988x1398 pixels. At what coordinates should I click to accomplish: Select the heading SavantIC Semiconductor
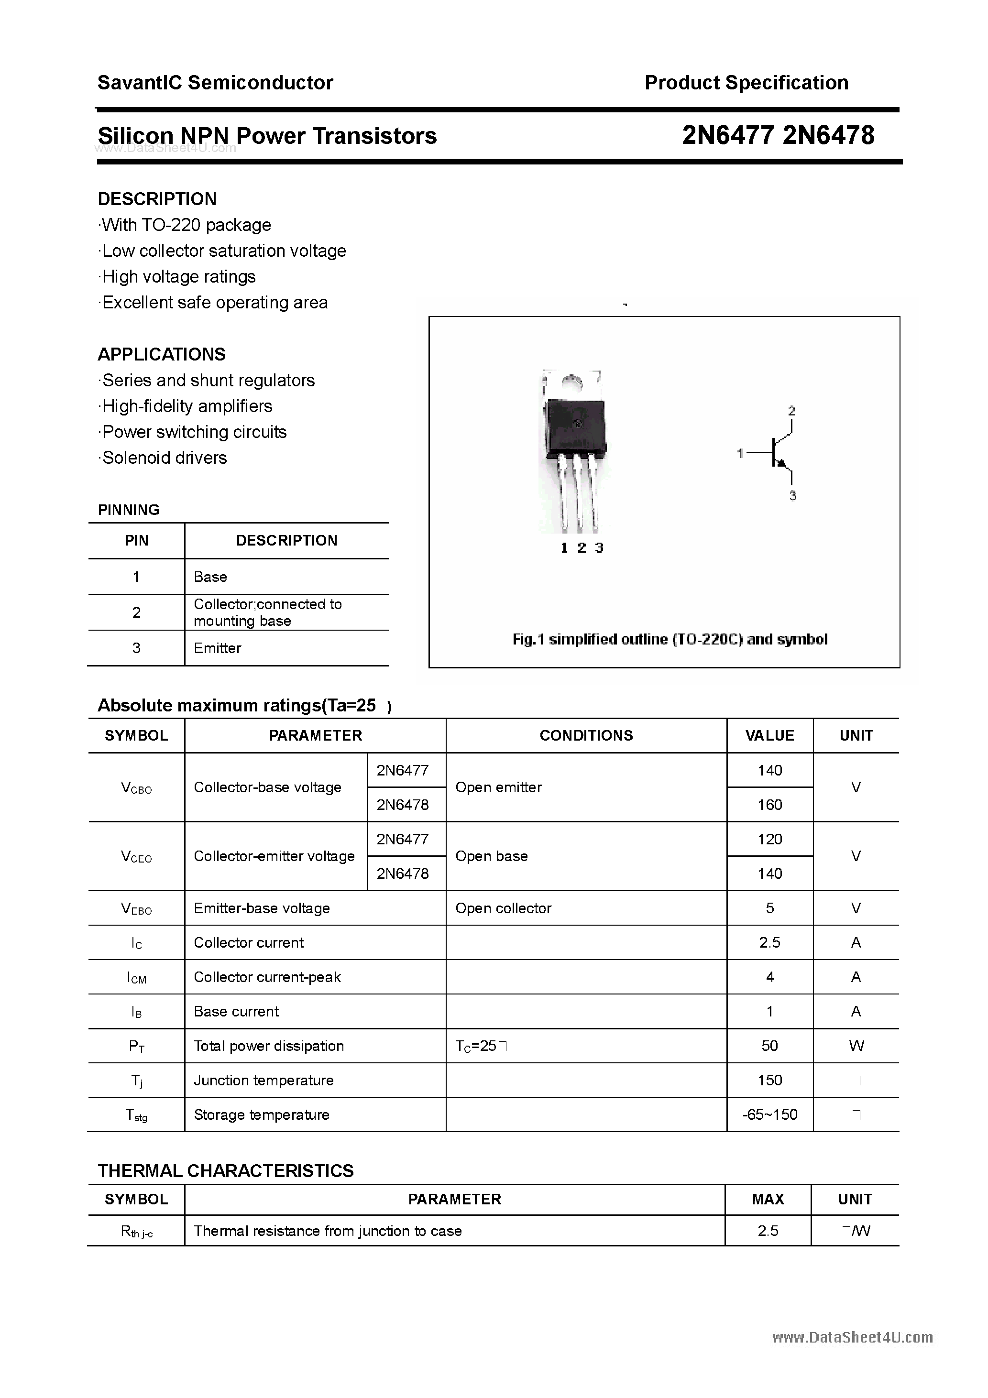(x=215, y=83)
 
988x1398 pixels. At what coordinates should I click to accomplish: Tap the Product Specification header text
(x=746, y=83)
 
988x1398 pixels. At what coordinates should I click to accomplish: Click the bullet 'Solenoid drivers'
(x=164, y=458)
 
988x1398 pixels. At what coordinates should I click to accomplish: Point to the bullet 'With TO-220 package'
(x=186, y=225)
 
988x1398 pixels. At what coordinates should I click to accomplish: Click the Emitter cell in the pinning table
(x=218, y=648)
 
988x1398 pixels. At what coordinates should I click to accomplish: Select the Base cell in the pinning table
(x=210, y=577)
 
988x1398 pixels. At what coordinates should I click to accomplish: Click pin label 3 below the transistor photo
(x=599, y=548)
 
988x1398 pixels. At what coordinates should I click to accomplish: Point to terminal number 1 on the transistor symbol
(x=740, y=453)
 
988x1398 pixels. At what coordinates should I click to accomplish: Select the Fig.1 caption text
(x=670, y=639)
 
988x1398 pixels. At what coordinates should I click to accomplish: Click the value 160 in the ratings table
(x=769, y=805)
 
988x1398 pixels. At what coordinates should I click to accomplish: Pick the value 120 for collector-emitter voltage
(x=769, y=839)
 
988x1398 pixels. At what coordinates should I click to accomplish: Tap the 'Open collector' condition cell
(x=503, y=908)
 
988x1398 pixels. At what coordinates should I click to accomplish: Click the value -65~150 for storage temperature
(x=769, y=1114)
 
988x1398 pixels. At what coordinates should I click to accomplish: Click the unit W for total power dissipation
(x=856, y=1046)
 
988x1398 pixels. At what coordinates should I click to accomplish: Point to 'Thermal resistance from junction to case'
(x=328, y=1231)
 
